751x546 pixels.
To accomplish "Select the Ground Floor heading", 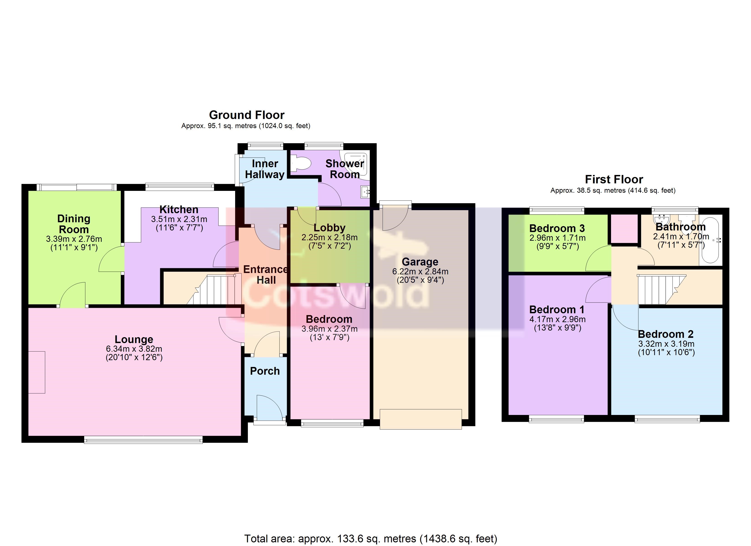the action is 247,115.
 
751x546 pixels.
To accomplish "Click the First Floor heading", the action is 614,179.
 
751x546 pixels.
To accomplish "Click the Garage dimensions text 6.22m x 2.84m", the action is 420,271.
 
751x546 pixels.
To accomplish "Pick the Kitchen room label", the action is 179,209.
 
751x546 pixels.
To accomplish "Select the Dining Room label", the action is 74,224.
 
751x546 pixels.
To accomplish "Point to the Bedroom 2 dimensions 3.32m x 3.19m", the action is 666,344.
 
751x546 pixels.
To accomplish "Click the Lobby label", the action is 330,228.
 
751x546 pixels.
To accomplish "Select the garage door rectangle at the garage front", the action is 421,419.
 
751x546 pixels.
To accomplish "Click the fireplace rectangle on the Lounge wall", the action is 36,372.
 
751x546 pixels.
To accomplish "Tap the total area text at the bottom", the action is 371,539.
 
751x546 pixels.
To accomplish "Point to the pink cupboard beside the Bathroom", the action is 624,228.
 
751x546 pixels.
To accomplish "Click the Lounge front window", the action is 143,439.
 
